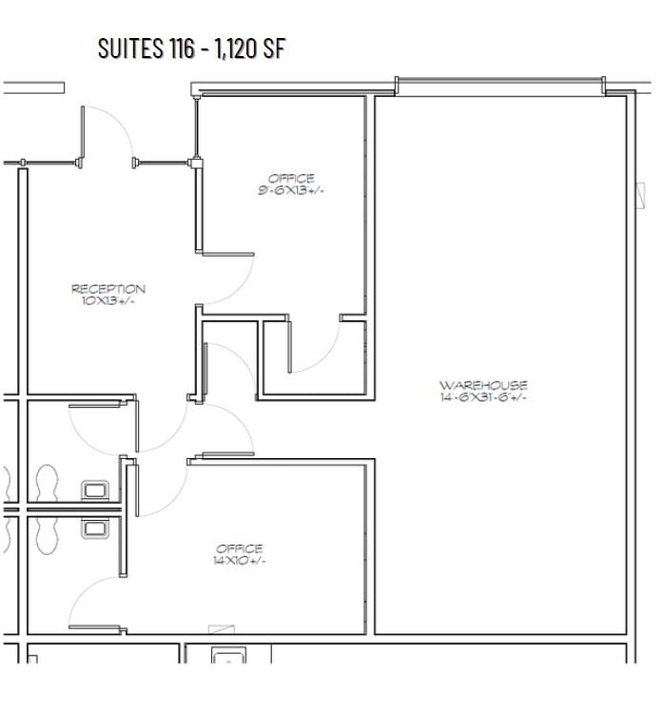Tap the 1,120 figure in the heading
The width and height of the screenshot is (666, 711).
coord(241,49)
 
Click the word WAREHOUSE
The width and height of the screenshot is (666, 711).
coord(483,385)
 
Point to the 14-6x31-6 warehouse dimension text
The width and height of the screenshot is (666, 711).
coord(483,397)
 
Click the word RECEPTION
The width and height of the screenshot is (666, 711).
coord(108,289)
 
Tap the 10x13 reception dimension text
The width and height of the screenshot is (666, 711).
coord(108,301)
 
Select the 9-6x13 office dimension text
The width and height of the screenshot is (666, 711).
coord(291,190)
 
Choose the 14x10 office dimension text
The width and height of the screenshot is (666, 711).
coord(240,561)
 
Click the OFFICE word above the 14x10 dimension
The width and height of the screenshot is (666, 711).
coord(240,548)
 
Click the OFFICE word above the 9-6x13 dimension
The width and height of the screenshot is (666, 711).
coord(291,178)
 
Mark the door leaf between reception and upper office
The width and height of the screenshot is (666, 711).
coord(226,255)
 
